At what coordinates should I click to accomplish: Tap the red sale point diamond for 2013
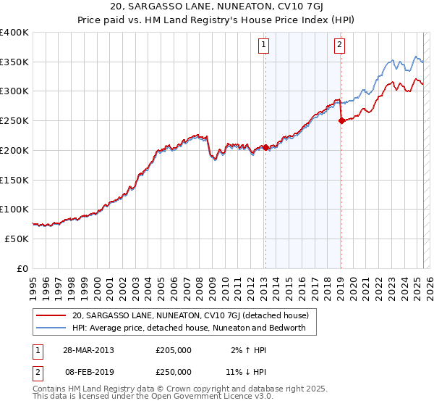pyautogui.click(x=265, y=147)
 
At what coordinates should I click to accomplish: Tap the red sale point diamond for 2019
pyautogui.click(x=341, y=121)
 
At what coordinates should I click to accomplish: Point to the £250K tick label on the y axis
pyautogui.click(x=14, y=120)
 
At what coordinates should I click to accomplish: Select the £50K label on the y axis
pyautogui.click(x=17, y=239)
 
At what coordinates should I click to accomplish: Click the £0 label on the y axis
pyautogui.click(x=22, y=268)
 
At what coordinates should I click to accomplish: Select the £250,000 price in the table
pyautogui.click(x=174, y=372)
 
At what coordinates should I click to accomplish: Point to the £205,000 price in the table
pyautogui.click(x=174, y=350)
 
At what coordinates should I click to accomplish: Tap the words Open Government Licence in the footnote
pyautogui.click(x=195, y=397)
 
